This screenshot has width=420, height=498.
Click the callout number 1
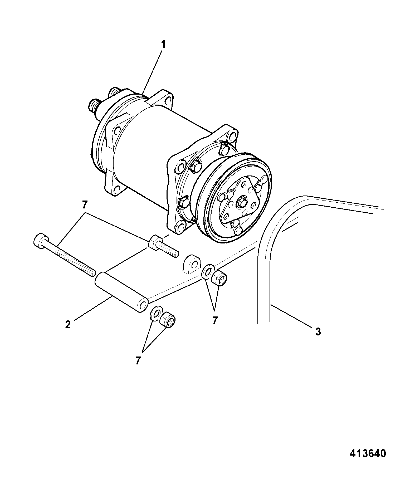point(164,45)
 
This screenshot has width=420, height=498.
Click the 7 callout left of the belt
point(215,321)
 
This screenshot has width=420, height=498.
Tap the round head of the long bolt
point(39,241)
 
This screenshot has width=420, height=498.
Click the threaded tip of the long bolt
point(93,273)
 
